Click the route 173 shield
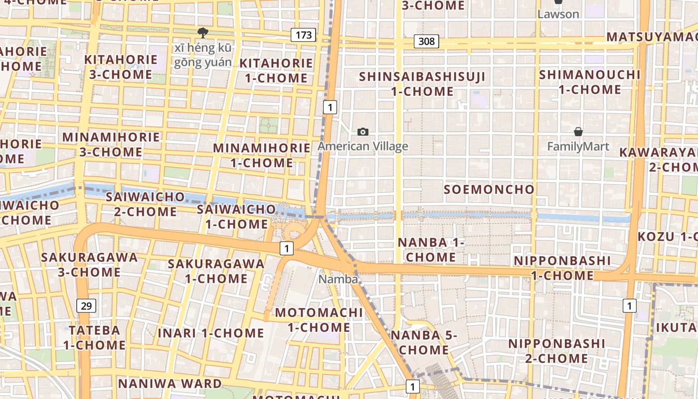tap(303, 35)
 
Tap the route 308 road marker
tap(426, 41)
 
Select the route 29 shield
tap(86, 306)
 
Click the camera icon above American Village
tap(363, 132)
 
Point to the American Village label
tap(363, 146)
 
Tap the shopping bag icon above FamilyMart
tap(578, 132)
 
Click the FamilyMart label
tap(578, 147)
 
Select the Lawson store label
tap(558, 14)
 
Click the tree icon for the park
tap(202, 33)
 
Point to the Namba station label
tap(338, 279)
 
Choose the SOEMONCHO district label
tap(489, 190)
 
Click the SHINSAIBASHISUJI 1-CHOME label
tap(422, 84)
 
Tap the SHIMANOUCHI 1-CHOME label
tap(590, 82)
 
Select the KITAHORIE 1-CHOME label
tap(276, 71)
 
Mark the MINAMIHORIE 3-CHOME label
tap(111, 144)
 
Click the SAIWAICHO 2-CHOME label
tap(145, 204)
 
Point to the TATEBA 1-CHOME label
tap(94, 337)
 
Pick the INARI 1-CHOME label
tap(211, 333)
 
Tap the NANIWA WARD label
tap(170, 384)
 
